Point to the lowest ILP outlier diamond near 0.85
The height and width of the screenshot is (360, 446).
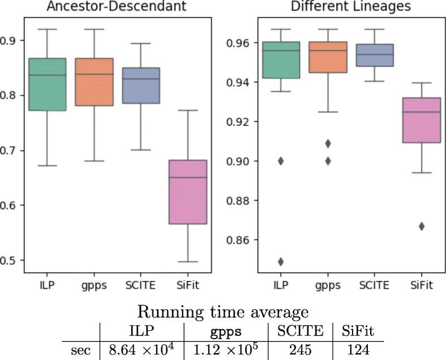tap(280, 262)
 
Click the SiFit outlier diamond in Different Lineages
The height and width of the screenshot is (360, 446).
tap(421, 226)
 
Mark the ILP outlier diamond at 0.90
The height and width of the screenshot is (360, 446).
tap(280, 161)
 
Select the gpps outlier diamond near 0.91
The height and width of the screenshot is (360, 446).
tap(328, 143)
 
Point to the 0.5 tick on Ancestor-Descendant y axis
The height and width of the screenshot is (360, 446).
tap(10, 260)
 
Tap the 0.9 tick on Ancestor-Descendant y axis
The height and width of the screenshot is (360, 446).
tap(10, 40)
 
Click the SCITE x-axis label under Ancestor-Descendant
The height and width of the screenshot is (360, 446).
tap(141, 285)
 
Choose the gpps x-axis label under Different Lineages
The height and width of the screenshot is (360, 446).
tap(328, 285)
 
